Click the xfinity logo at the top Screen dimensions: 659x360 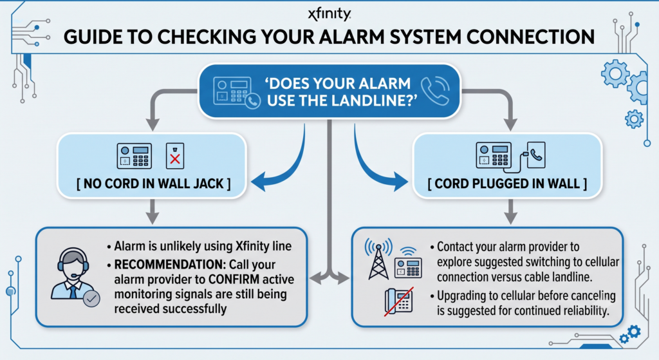(329, 14)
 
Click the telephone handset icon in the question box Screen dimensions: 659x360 (435, 91)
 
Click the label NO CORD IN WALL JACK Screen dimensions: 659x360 (153, 184)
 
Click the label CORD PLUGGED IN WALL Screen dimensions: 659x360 (507, 184)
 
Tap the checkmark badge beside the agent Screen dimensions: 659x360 (91, 299)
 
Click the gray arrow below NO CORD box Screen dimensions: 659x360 (153, 211)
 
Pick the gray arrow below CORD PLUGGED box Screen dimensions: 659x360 (510, 211)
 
